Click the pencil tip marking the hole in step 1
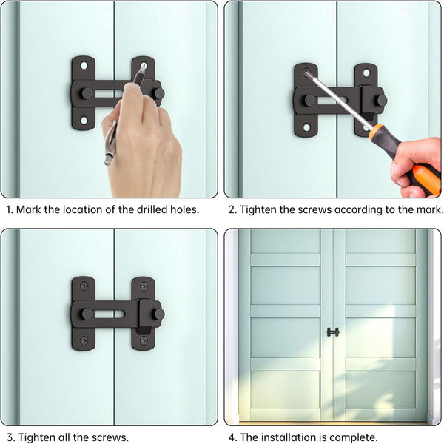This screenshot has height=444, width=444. (144, 67)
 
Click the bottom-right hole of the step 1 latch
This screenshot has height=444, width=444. (144, 119)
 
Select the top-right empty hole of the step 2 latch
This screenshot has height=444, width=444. (366, 73)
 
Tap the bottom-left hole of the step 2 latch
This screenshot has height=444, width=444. (306, 127)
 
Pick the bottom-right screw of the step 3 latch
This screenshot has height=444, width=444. (144, 340)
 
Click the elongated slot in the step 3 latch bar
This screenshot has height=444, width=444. (111, 314)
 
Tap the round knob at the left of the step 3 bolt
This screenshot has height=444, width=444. (87, 314)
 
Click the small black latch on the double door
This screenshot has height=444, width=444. (333, 332)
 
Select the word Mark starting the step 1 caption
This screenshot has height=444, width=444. (29, 209)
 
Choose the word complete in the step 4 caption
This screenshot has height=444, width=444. (354, 437)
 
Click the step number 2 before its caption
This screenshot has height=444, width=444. (232, 209)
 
